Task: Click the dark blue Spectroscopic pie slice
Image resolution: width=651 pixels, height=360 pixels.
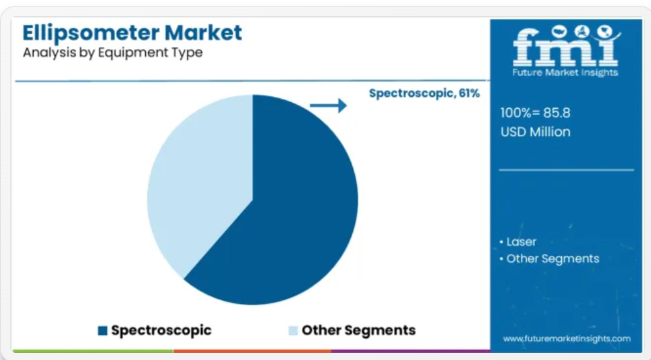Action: pyautogui.click(x=286, y=208)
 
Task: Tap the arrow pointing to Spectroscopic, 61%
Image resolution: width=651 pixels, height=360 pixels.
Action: pyautogui.click(x=328, y=105)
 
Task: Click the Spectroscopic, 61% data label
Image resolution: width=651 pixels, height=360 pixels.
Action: pyautogui.click(x=424, y=94)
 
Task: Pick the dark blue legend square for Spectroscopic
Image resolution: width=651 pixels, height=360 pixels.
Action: pyautogui.click(x=103, y=331)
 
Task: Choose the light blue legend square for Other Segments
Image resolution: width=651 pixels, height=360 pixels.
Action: pyautogui.click(x=293, y=331)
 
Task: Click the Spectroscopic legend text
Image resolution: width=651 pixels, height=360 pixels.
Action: pyautogui.click(x=161, y=330)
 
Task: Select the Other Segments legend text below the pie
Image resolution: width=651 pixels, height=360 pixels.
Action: pyautogui.click(x=359, y=330)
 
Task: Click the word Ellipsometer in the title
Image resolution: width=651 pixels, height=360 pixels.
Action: pyautogui.click(x=91, y=33)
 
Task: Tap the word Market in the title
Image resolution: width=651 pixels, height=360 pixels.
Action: pyautogui.click(x=203, y=33)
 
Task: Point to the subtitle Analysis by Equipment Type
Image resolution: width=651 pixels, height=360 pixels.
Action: pyautogui.click(x=113, y=53)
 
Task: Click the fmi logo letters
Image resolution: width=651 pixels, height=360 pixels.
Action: pyautogui.click(x=565, y=46)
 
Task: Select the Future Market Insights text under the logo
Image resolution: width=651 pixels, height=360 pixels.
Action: pyautogui.click(x=565, y=73)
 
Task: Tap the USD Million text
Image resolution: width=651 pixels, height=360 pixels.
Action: pyautogui.click(x=535, y=132)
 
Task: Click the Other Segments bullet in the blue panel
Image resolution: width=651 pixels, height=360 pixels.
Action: pyautogui.click(x=549, y=258)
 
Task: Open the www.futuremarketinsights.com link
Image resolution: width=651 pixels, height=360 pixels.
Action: pyautogui.click(x=567, y=339)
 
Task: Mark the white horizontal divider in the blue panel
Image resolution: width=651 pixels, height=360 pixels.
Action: pyautogui.click(x=566, y=171)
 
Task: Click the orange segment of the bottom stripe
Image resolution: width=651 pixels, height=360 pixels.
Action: pyautogui.click(x=252, y=352)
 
